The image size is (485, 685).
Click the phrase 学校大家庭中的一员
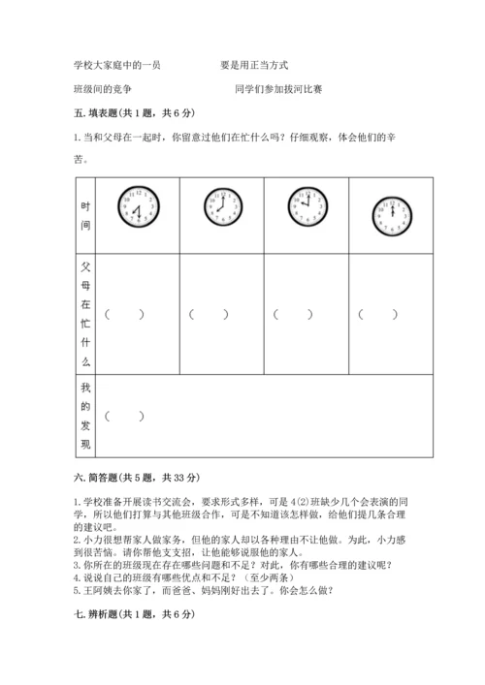(116, 65)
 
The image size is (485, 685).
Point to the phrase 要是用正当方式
(254, 65)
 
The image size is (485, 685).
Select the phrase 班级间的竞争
(102, 89)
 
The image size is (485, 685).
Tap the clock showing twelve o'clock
(393, 214)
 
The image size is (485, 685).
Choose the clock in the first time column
(137, 206)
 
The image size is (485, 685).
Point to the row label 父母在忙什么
(85, 313)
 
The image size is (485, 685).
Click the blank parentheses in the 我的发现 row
(125, 417)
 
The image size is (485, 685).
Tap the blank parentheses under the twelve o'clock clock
(378, 314)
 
